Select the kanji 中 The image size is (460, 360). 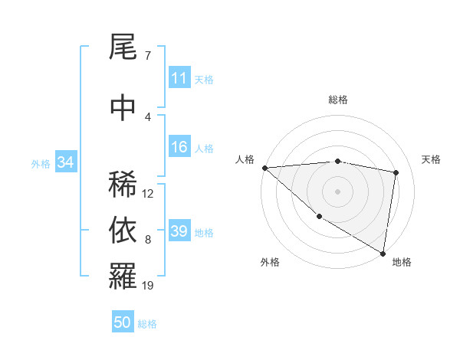[x=123, y=108]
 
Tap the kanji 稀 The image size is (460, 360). [x=123, y=185]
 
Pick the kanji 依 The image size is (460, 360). [x=123, y=231]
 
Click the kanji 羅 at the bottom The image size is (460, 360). [x=123, y=277]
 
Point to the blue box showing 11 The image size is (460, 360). [x=179, y=78]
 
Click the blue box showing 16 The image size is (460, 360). [x=179, y=148]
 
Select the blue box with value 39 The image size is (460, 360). [x=179, y=231]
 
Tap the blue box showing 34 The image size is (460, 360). [x=65, y=162]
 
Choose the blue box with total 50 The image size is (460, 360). [x=123, y=322]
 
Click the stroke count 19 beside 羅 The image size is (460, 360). [x=148, y=286]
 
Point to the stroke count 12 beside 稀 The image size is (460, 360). [x=148, y=193]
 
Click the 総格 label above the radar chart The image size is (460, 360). [x=337, y=100]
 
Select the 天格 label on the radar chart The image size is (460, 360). [x=432, y=159]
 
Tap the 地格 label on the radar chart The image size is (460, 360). [x=402, y=262]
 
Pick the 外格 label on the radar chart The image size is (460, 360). [x=270, y=262]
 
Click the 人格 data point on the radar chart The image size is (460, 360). [x=264, y=168]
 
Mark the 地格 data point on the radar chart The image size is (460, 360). [x=383, y=253]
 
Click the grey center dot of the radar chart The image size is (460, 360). [x=337, y=191]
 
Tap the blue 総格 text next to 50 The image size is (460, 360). [x=147, y=323]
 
